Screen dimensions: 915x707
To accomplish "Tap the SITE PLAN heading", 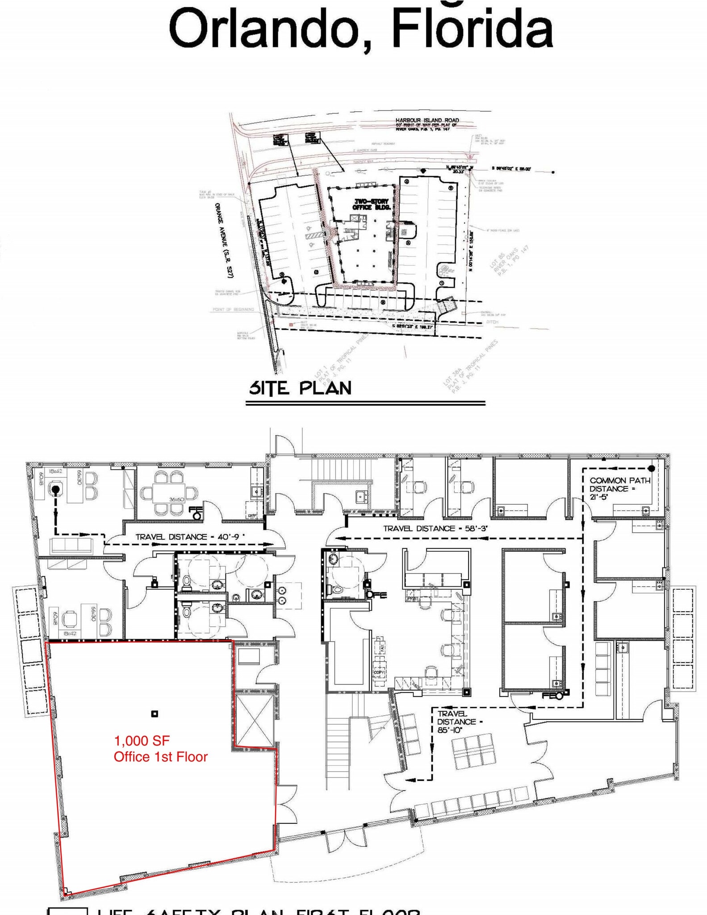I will tap(300, 388).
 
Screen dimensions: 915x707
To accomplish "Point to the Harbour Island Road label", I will tap(427, 120).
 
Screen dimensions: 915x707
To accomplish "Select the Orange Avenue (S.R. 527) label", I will tap(225, 240).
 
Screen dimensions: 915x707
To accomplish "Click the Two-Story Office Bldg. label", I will tap(371, 204).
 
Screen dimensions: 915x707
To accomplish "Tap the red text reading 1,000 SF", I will tap(142, 741).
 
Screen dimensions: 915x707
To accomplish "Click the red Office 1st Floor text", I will tap(160, 757).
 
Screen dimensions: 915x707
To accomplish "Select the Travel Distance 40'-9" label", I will tap(190, 537).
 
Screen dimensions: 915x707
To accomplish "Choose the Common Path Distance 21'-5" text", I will tap(620, 488).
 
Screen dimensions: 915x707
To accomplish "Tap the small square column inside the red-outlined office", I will tap(155, 714).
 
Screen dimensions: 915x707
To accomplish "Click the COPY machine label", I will tap(379, 672).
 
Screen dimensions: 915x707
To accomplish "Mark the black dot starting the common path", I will tap(651, 468).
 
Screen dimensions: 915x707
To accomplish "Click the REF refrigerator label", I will tap(251, 516).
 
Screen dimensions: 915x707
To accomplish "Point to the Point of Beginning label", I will tap(233, 309).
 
